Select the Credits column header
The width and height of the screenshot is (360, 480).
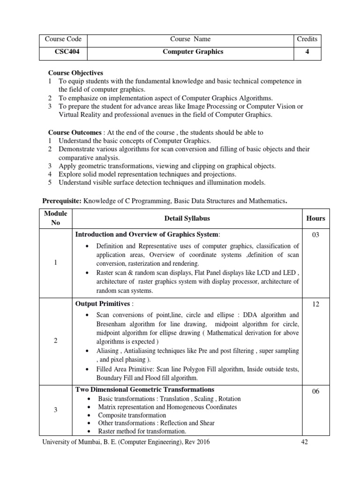(x=307, y=39)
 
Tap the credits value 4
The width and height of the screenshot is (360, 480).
(x=307, y=52)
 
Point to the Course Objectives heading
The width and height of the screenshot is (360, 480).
(x=76, y=73)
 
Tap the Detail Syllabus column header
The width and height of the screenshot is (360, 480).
(x=187, y=218)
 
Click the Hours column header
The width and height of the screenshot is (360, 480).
(x=315, y=218)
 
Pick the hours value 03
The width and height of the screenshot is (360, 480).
(x=315, y=235)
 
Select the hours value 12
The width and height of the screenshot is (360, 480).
(x=315, y=304)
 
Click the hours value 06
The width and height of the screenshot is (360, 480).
(x=315, y=391)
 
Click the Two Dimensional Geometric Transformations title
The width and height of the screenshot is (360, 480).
(x=145, y=390)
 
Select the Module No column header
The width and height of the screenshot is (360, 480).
(x=55, y=218)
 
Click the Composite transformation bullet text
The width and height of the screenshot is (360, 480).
(x=132, y=415)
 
